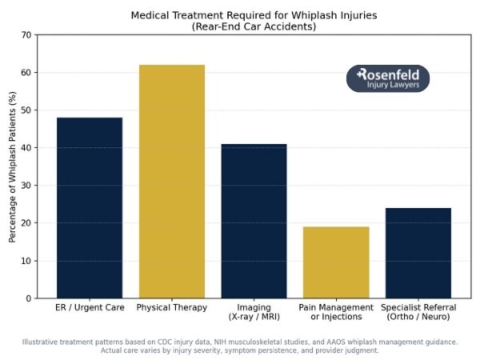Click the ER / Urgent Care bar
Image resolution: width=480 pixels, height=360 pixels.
coord(89,208)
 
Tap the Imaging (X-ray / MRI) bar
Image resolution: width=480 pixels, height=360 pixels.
coord(254,221)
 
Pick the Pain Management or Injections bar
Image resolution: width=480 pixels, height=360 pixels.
coord(336,262)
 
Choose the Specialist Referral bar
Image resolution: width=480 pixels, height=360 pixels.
coord(418,253)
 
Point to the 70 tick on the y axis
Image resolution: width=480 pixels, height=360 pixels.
coord(26,35)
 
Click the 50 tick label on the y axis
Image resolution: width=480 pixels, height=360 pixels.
coord(26,110)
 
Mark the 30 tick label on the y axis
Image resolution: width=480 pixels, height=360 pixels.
coord(26,186)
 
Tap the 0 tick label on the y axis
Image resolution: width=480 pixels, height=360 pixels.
coord(28,298)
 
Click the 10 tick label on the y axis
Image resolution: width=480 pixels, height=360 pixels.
coord(26,261)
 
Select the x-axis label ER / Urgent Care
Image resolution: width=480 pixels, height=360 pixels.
coord(89,308)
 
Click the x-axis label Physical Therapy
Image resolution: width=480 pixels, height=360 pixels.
coord(171,308)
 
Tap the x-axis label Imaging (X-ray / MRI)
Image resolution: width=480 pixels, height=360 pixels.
coord(254,312)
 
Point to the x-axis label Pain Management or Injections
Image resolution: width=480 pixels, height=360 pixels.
coord(336,312)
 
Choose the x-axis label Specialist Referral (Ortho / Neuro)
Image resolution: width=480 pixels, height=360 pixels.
coord(418,312)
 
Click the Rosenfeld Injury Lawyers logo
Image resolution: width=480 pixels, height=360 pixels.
coord(388,78)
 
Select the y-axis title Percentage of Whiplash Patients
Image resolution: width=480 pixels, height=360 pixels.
coord(12,166)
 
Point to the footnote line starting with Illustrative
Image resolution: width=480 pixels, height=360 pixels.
coord(240,342)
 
